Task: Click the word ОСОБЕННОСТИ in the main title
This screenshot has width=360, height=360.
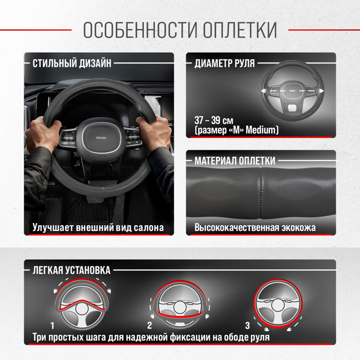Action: [x=140, y=30]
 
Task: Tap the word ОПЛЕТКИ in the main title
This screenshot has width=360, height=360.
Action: [x=240, y=30]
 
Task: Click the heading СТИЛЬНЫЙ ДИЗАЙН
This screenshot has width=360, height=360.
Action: [x=72, y=63]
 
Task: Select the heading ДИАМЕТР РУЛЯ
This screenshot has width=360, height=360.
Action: [x=225, y=63]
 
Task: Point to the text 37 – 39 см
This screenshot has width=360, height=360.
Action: [x=214, y=120]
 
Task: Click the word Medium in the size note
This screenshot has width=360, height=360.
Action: [x=261, y=130]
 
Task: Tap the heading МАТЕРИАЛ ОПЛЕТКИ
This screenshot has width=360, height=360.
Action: [x=235, y=161]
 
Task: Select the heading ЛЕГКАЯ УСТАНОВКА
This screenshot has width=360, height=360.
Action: [x=71, y=270]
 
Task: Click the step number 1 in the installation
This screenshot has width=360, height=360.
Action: [x=52, y=325]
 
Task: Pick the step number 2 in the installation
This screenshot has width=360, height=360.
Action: [x=150, y=325]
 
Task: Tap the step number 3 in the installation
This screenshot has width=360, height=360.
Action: [x=247, y=325]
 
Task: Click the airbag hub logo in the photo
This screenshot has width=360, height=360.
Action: [x=101, y=138]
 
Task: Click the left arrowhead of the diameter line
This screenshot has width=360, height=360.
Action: [x=264, y=91]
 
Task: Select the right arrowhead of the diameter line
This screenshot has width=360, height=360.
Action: [x=321, y=91]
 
